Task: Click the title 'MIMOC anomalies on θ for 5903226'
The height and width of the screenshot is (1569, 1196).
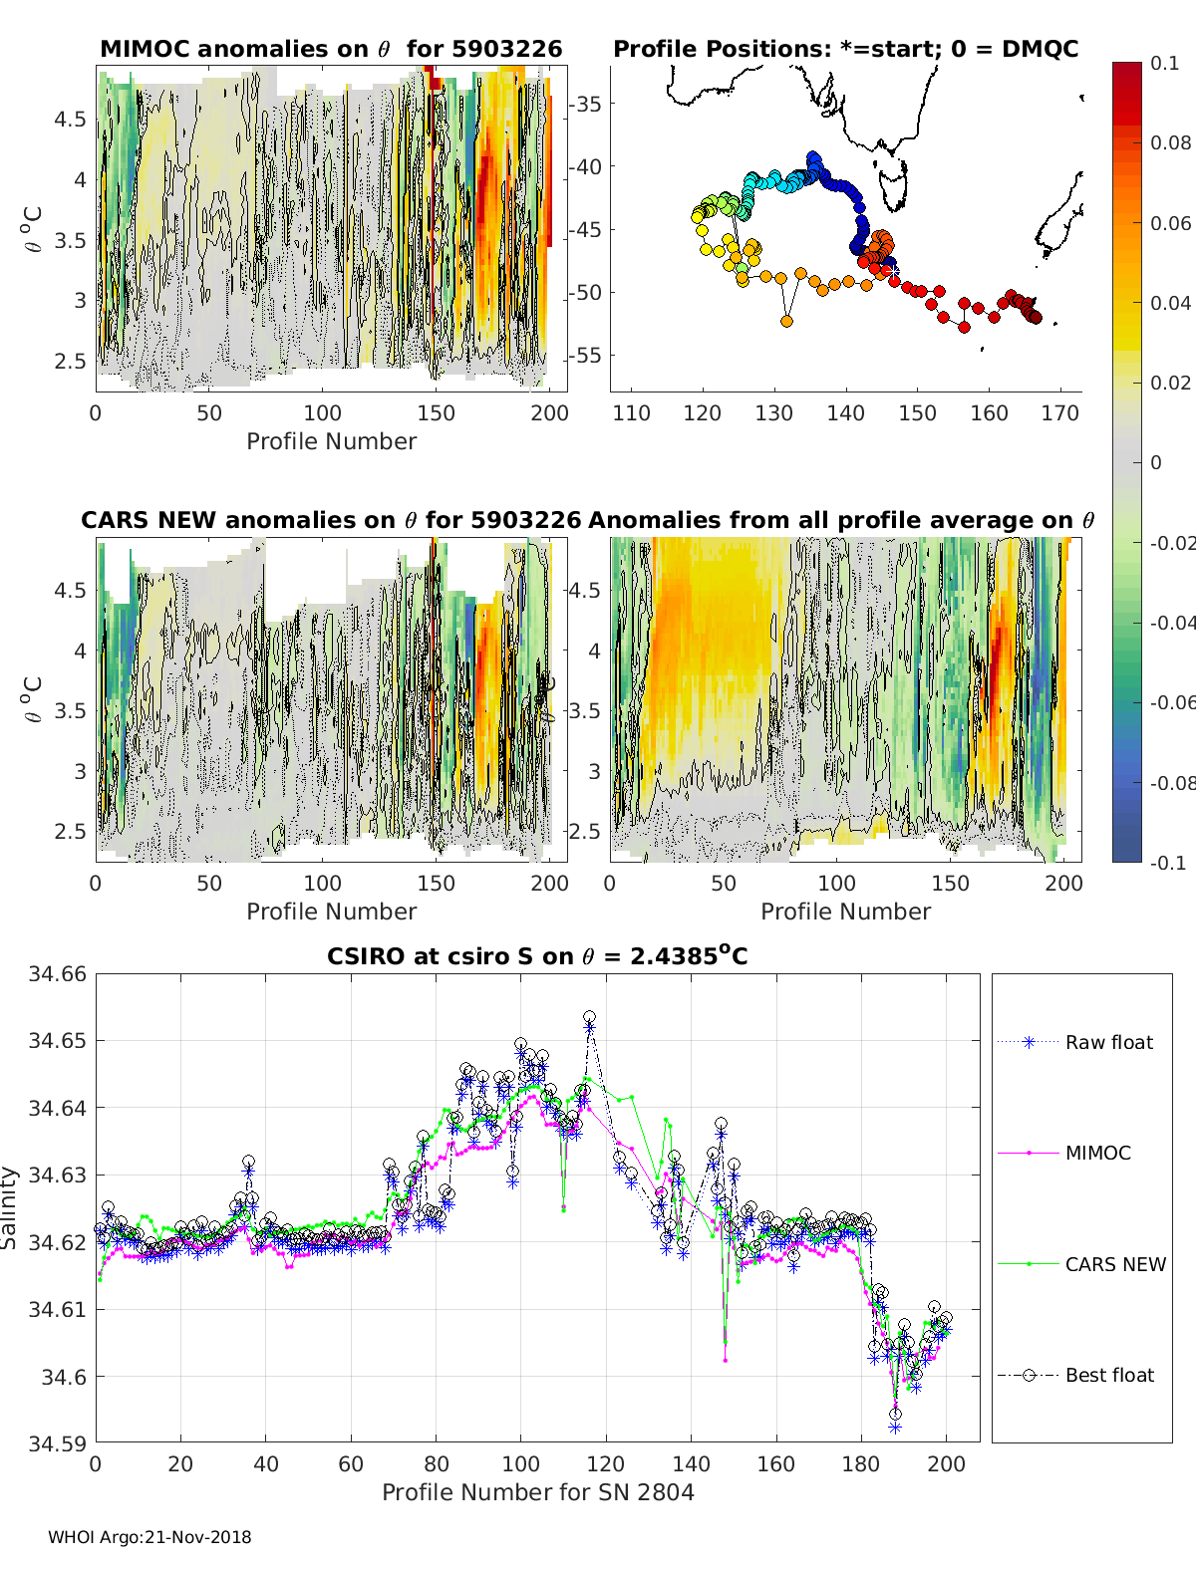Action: point(331,49)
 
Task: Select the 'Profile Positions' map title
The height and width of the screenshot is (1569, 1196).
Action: point(845,49)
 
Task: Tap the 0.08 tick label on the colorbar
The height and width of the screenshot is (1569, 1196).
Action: point(1170,142)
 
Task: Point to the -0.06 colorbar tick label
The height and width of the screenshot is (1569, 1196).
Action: point(1170,702)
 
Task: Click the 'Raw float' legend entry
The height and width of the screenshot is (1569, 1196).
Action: point(1108,1042)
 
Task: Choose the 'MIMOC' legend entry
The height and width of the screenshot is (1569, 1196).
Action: point(1097,1153)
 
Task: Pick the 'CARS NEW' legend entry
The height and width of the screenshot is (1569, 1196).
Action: point(1114,1264)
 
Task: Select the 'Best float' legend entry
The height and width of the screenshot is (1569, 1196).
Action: point(1108,1375)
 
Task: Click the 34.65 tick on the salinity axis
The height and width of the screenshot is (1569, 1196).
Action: point(58,1040)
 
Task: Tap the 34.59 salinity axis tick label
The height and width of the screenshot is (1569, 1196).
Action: point(58,1442)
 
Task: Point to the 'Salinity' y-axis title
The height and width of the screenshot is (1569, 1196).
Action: point(10,1207)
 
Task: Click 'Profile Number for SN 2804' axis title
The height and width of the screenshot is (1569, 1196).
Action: point(537,1491)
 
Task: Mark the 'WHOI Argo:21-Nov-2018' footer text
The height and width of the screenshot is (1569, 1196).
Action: point(149,1537)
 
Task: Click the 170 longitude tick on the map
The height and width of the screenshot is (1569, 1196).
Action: point(1059,412)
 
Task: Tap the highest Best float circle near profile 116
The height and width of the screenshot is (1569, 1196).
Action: point(589,1017)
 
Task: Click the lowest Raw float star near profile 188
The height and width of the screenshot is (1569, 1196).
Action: point(895,1428)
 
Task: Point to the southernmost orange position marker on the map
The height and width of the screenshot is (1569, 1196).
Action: point(786,321)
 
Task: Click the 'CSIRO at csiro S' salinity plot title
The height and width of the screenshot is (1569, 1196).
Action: point(537,956)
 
